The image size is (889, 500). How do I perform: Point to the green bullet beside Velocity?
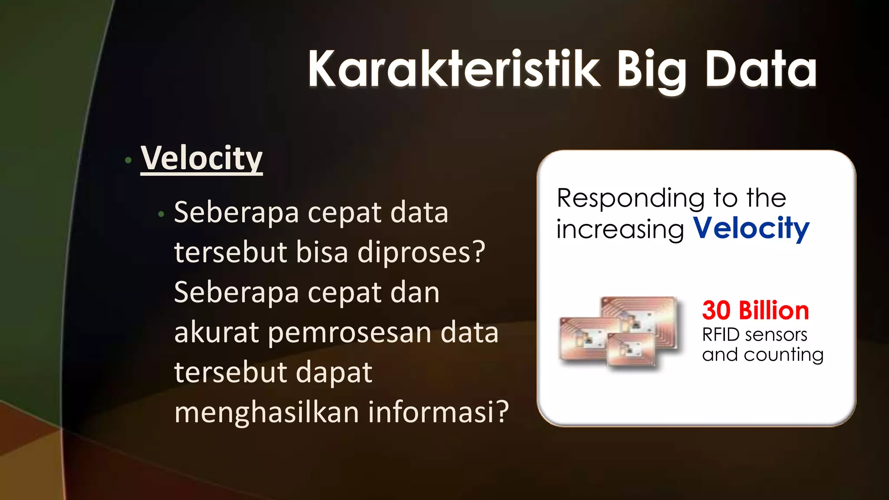pyautogui.click(x=128, y=160)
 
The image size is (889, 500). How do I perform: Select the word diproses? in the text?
pyautogui.click(x=421, y=253)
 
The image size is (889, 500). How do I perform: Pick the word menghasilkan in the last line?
pyautogui.click(x=266, y=412)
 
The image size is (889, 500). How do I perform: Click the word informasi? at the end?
pyautogui.click(x=438, y=412)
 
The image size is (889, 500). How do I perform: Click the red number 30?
pyautogui.click(x=717, y=311)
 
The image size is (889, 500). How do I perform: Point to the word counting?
pyautogui.click(x=784, y=355)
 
